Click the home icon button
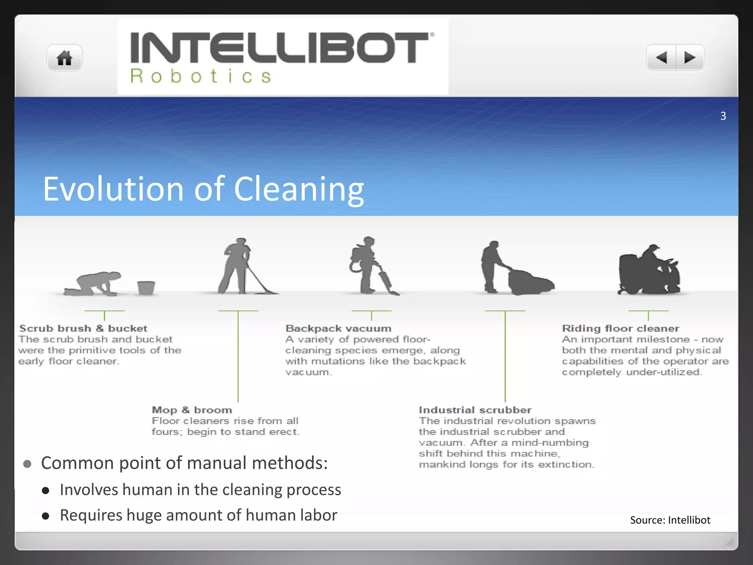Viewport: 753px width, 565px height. [x=64, y=58]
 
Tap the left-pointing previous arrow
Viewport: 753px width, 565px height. [x=661, y=58]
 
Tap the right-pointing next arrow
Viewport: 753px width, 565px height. [x=690, y=58]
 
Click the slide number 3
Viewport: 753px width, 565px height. [x=723, y=116]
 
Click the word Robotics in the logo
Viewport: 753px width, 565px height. [x=201, y=77]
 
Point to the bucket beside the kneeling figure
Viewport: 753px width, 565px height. [x=146, y=288]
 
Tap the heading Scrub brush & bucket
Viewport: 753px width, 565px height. [x=83, y=328]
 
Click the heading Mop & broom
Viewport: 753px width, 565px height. [x=192, y=410]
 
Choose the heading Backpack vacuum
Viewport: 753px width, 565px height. [x=339, y=328]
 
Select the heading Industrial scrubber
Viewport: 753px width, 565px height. [x=475, y=410]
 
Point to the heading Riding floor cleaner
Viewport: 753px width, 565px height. [x=621, y=328]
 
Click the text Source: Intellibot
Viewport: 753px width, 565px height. [x=670, y=520]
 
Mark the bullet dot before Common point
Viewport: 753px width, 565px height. [x=27, y=464]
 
